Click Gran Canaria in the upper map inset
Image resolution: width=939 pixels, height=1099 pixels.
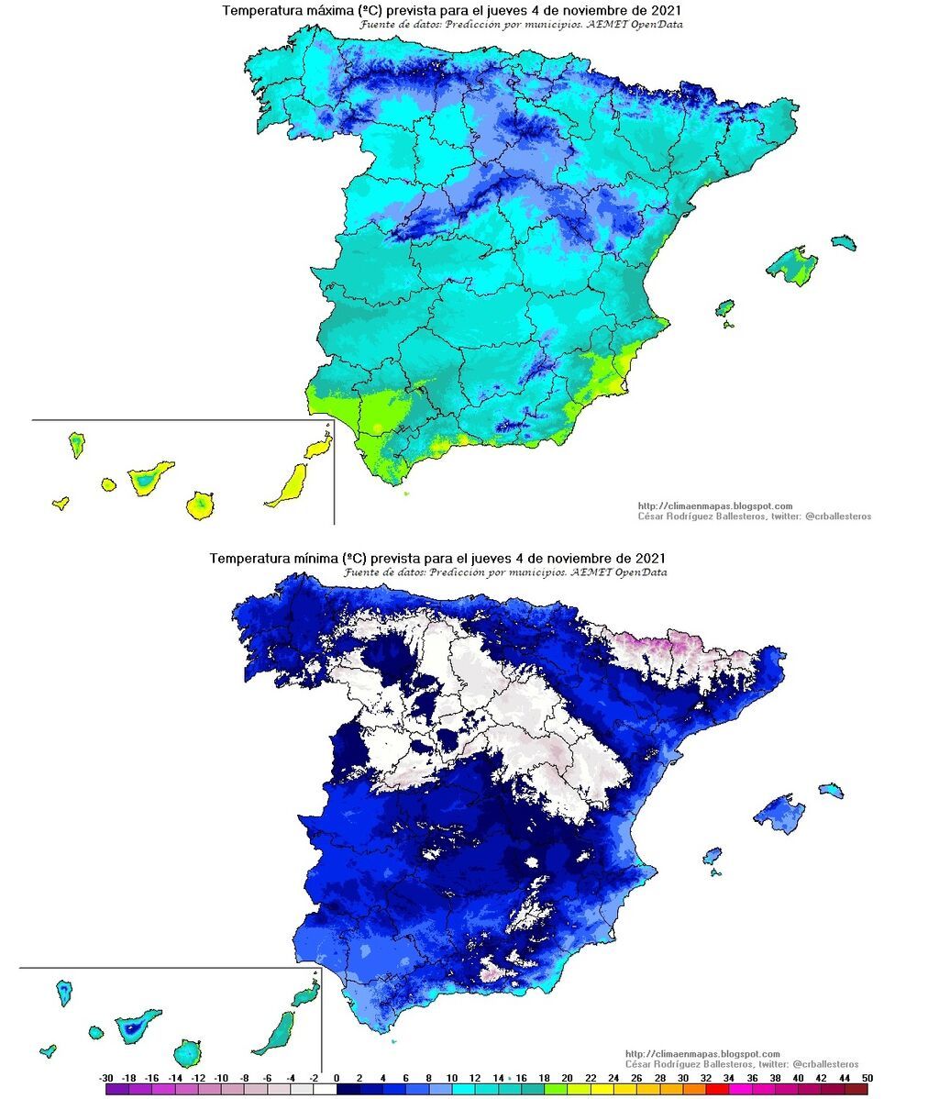(x=201, y=504)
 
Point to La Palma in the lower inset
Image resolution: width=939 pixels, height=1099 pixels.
(x=64, y=992)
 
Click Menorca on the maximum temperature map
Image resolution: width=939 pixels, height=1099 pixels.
(x=845, y=242)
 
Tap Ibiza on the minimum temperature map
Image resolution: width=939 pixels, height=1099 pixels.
(x=712, y=857)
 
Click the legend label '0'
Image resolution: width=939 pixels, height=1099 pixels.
(x=337, y=1077)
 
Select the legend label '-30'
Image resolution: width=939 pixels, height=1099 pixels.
(x=106, y=1077)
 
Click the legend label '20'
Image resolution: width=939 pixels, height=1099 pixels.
(x=568, y=1077)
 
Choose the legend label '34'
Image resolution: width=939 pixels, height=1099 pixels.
(x=729, y=1077)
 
